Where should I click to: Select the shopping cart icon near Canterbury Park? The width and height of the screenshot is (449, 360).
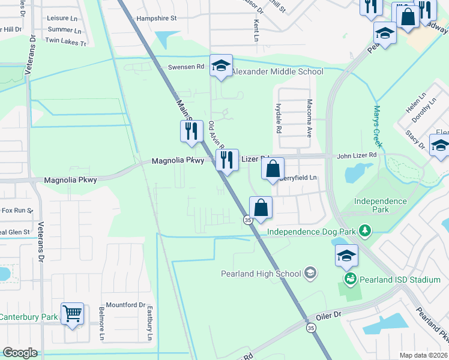(x=72, y=313)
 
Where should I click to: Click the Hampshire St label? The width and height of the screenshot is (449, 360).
(x=157, y=18)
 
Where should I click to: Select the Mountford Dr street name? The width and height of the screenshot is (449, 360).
(x=125, y=304)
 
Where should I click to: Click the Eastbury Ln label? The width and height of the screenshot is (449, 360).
(x=149, y=323)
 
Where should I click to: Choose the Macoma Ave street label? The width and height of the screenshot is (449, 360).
(x=310, y=118)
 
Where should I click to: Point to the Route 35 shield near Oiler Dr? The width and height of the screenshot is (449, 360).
(x=310, y=328)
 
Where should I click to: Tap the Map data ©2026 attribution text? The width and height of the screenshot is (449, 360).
(x=423, y=355)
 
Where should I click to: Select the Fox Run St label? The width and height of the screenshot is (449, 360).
(x=17, y=211)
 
